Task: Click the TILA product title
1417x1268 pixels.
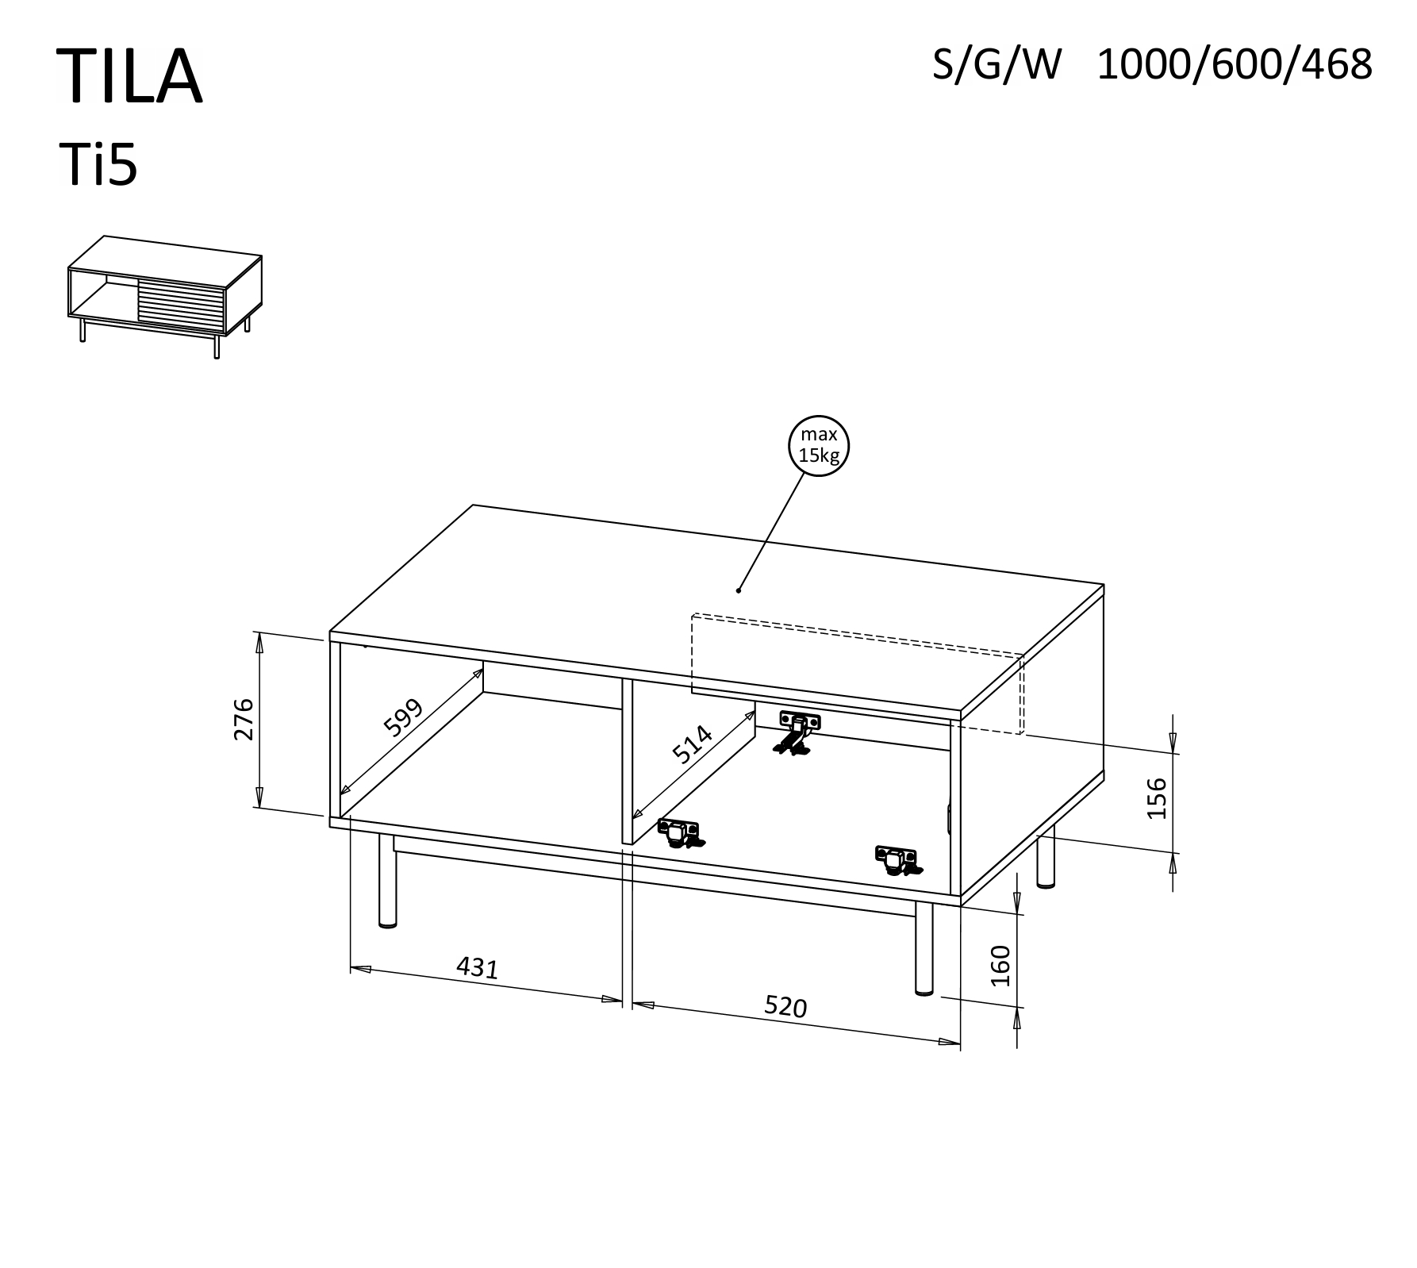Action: [x=130, y=76]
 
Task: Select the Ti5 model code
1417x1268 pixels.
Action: [x=99, y=165]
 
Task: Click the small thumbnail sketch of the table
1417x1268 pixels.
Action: [x=165, y=297]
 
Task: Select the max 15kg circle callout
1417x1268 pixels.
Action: [x=819, y=446]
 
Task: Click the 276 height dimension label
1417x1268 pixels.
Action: [x=243, y=719]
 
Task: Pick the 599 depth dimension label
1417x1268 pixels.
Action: [x=404, y=718]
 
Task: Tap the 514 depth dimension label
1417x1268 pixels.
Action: [x=692, y=744]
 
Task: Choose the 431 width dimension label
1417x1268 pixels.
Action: [x=478, y=968]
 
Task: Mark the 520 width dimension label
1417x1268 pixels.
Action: [x=785, y=1007]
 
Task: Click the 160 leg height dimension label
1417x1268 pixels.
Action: [x=1001, y=965]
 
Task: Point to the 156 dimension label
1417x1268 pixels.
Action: [x=1158, y=798]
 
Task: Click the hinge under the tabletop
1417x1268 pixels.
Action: [x=797, y=732]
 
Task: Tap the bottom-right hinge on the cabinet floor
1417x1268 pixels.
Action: [x=898, y=860]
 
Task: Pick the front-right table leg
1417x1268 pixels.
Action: [x=924, y=947]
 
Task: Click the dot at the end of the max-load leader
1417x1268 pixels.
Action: [x=739, y=590]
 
